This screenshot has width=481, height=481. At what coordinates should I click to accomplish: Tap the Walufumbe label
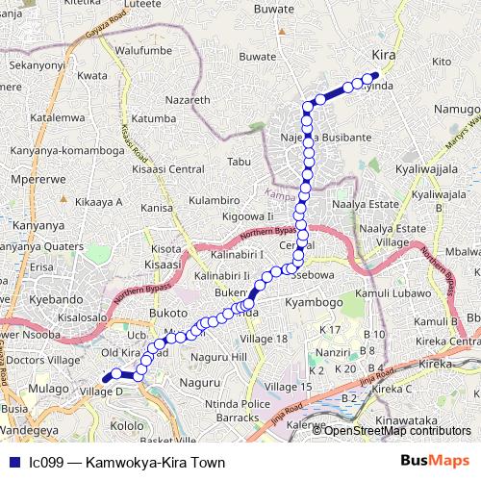click(x=142, y=49)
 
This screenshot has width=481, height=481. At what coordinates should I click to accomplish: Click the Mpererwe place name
click(x=34, y=178)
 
